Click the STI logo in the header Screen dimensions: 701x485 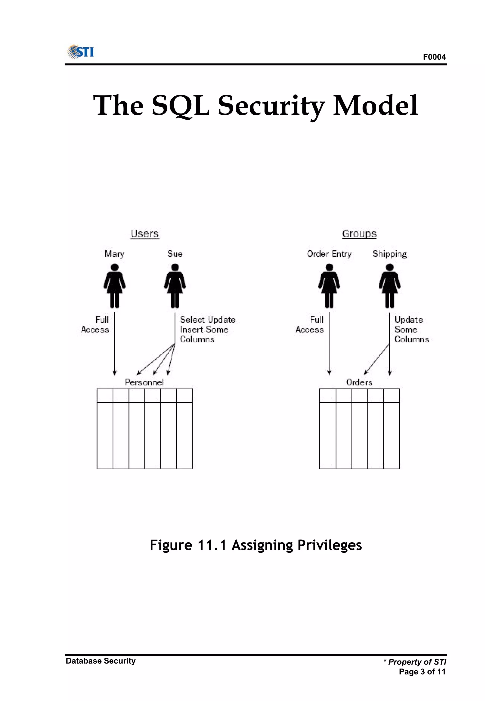pos(81,52)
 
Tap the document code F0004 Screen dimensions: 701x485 pos(434,57)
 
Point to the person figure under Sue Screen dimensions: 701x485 pos(175,285)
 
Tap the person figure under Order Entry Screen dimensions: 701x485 pos(329,285)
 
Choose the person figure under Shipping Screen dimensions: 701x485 pos(390,285)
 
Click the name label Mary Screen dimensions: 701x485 pos(114,254)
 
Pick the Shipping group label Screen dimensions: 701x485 pos(390,254)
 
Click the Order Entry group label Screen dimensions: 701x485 pos(329,254)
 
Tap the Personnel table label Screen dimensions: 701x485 pos(144,382)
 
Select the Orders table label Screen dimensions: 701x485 pos(359,382)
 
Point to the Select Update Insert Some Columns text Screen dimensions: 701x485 pos(207,329)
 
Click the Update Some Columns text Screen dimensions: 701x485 pos(411,329)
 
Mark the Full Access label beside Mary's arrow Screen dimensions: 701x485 pos(95,324)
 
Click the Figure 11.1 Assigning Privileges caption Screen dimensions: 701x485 pos(256,545)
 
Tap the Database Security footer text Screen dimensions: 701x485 pos(101,661)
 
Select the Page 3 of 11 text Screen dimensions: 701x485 pos(422,672)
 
